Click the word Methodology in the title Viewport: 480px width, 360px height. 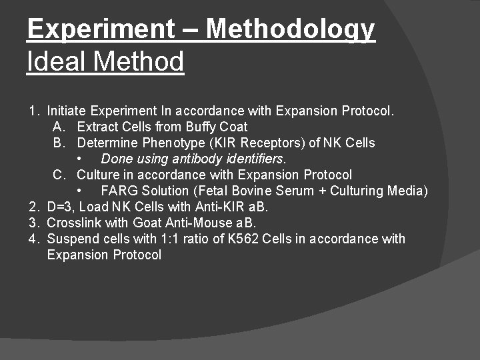[291, 29]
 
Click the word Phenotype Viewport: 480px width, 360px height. [169, 143]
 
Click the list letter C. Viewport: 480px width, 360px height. [59, 175]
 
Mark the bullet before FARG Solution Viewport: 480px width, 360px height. [80, 191]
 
